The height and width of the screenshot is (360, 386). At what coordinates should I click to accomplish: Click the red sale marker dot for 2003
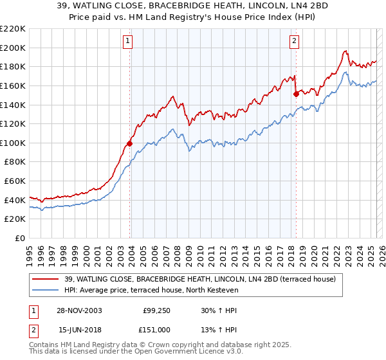(x=129, y=143)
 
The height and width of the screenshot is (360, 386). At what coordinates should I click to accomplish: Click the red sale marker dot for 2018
(x=296, y=94)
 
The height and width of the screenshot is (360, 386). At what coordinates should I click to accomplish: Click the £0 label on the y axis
(x=19, y=239)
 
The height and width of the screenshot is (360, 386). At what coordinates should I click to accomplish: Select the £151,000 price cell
(x=156, y=329)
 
